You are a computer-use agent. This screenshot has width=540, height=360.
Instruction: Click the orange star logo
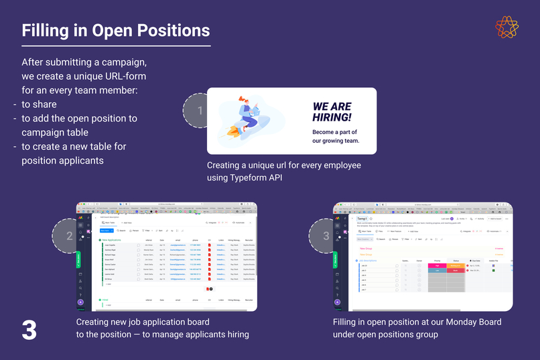[x=507, y=27]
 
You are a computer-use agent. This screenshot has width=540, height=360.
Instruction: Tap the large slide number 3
[x=29, y=330]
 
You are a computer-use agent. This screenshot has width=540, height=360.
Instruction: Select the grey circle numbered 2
[x=70, y=235]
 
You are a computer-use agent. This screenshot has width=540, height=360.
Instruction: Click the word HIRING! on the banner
[x=331, y=117]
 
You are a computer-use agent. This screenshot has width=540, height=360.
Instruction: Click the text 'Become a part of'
[x=334, y=132]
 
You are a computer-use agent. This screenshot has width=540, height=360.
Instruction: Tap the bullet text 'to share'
[x=39, y=104]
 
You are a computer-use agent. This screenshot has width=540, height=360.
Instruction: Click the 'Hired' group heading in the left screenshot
[x=105, y=300]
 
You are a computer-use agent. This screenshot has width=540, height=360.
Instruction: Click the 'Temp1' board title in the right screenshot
[x=362, y=219]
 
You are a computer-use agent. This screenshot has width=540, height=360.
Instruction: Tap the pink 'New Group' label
[x=366, y=248]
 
